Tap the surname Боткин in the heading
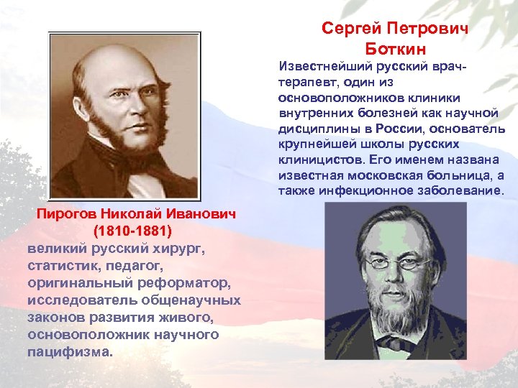(395, 49)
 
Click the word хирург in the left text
(179, 249)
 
